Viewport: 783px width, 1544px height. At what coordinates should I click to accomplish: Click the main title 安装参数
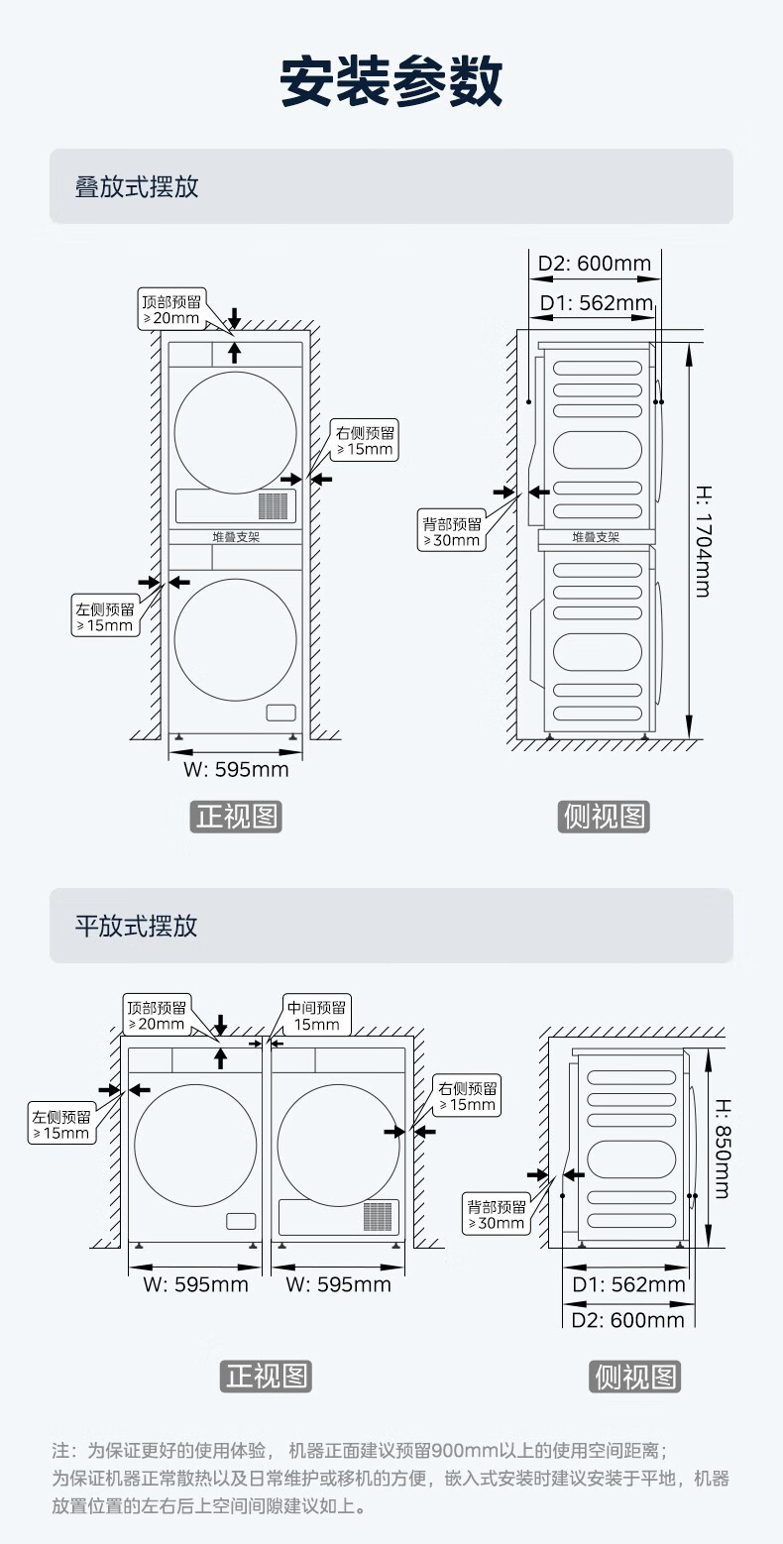(391, 81)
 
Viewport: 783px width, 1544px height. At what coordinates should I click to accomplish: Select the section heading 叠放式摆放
(137, 186)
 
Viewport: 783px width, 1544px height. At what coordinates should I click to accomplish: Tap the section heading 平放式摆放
(137, 926)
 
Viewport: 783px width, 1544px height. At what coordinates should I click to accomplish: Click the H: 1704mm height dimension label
(701, 540)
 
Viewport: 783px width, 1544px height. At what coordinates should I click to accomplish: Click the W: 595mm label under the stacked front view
(236, 769)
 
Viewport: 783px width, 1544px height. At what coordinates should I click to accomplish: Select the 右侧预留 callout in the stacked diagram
(366, 441)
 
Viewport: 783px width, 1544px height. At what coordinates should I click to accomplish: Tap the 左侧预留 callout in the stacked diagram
(104, 616)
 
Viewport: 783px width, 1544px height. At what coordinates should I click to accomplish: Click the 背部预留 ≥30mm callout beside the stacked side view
(452, 531)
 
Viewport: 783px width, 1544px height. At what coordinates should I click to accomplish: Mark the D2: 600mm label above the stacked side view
(595, 264)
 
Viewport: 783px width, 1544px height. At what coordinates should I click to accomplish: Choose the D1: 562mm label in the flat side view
(629, 1284)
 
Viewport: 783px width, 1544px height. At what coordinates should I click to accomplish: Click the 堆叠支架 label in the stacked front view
(236, 536)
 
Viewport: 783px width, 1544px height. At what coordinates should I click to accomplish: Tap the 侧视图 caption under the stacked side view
(605, 817)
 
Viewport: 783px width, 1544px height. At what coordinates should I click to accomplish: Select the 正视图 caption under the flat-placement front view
(266, 1376)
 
